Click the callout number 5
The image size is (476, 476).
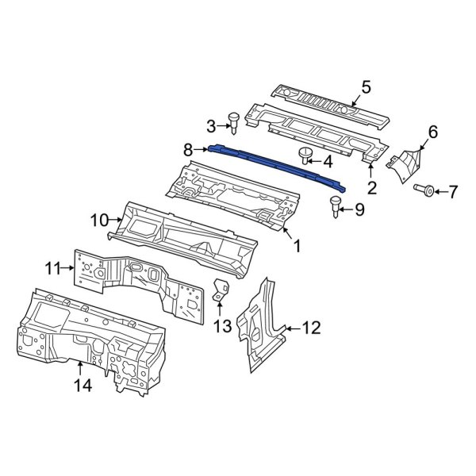(x=366, y=87)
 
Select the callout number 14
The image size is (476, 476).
(x=83, y=386)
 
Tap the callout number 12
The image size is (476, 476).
(x=311, y=327)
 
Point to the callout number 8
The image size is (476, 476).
(x=188, y=148)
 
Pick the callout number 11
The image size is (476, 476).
(x=52, y=268)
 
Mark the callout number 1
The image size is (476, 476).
(x=298, y=247)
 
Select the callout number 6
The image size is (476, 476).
(x=432, y=132)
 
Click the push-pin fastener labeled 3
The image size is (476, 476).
(x=234, y=121)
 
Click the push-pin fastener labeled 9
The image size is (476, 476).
(x=336, y=208)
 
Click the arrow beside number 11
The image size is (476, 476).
(x=69, y=268)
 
